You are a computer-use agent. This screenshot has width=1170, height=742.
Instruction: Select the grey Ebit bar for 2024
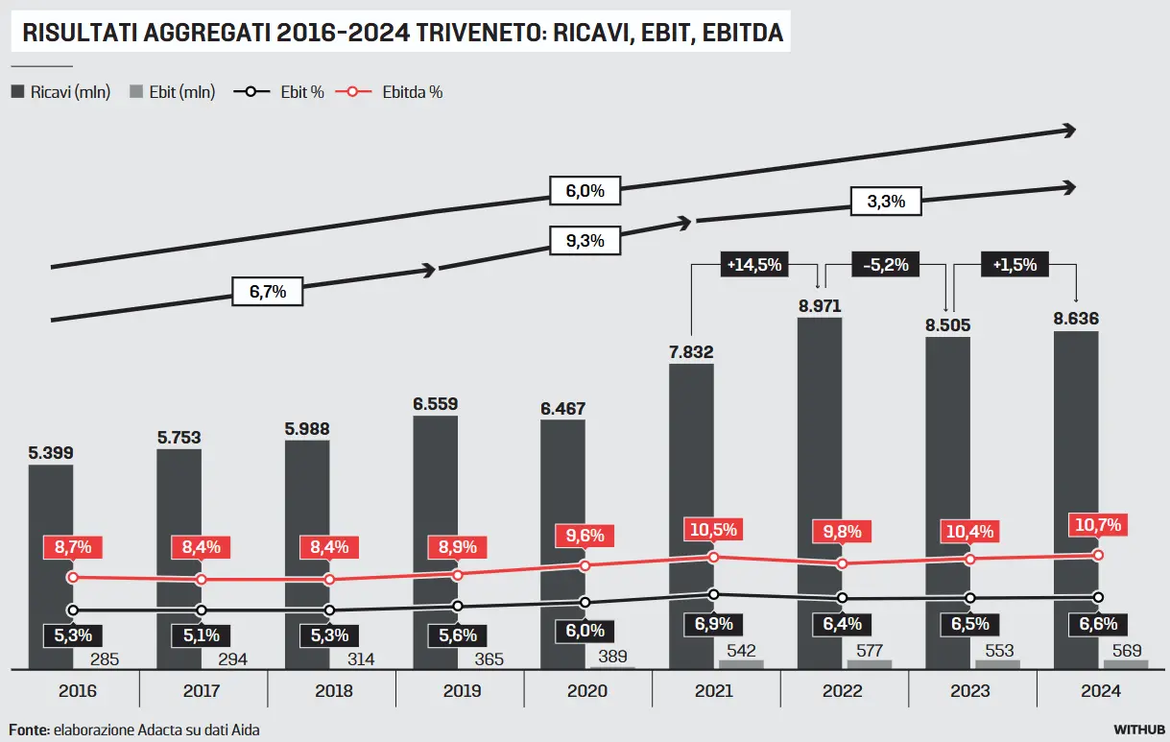pyautogui.click(x=1125, y=663)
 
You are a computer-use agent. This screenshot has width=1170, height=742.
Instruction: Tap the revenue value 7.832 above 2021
pyautogui.click(x=691, y=352)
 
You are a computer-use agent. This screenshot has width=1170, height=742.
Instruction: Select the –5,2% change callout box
pyautogui.click(x=886, y=265)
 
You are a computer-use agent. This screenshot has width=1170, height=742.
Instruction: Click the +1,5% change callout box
pyautogui.click(x=1015, y=265)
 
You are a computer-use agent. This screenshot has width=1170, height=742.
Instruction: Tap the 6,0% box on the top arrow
pyautogui.click(x=585, y=191)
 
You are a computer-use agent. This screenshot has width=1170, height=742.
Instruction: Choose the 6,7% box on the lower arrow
pyautogui.click(x=268, y=292)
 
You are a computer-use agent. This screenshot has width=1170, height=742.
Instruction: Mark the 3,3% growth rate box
pyautogui.click(x=886, y=202)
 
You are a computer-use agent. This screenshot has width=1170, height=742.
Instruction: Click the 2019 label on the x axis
pyautogui.click(x=460, y=690)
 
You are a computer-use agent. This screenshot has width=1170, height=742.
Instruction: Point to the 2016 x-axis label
pyautogui.click(x=77, y=690)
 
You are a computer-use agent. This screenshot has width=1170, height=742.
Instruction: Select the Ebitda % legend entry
pyautogui.click(x=394, y=92)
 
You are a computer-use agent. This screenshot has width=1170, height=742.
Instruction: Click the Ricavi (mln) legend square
pyautogui.click(x=18, y=92)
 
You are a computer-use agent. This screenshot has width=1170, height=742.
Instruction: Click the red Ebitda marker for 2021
pyautogui.click(x=713, y=557)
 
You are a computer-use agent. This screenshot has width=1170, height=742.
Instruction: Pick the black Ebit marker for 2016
pyautogui.click(x=72, y=610)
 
